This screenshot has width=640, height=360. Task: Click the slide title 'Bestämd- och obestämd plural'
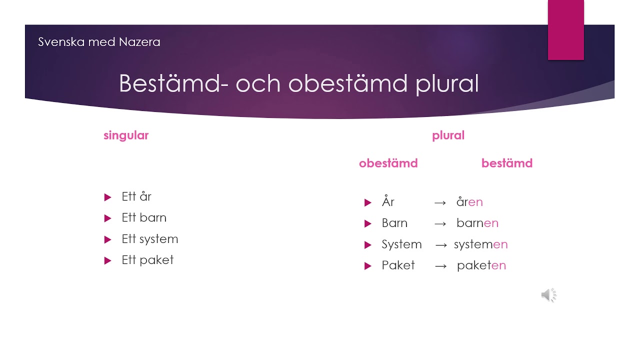[298, 83]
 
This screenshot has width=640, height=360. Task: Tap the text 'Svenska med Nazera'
[99, 41]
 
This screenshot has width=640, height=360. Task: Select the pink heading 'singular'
[126, 135]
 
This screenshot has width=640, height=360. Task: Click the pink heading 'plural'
[448, 135]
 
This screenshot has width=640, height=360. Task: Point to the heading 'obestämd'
[388, 163]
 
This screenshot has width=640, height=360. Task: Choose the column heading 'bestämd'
[507, 163]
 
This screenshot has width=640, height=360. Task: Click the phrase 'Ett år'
[136, 196]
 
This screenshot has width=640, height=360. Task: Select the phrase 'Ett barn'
[144, 217]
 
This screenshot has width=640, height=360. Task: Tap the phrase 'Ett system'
[149, 239]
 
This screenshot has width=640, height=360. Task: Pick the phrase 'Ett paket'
[147, 260]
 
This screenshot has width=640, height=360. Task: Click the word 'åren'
[469, 201]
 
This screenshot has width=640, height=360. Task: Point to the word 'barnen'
[477, 223]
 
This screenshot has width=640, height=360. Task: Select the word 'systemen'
[481, 244]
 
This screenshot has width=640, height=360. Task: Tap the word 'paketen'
[481, 265]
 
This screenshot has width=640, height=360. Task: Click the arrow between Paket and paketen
[440, 266]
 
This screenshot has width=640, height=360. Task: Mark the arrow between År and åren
[440, 203]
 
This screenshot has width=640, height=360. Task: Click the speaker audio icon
[549, 295]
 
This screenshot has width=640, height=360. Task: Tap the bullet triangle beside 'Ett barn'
[107, 218]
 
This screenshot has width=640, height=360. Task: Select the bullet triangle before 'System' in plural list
[367, 245]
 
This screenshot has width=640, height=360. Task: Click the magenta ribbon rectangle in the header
[565, 30]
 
